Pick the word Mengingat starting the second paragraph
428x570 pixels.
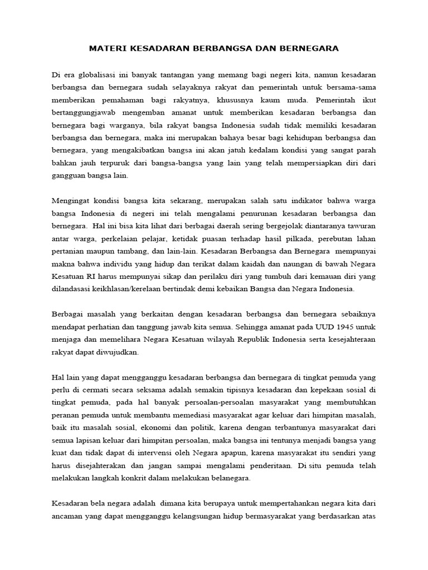(x=71, y=200)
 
